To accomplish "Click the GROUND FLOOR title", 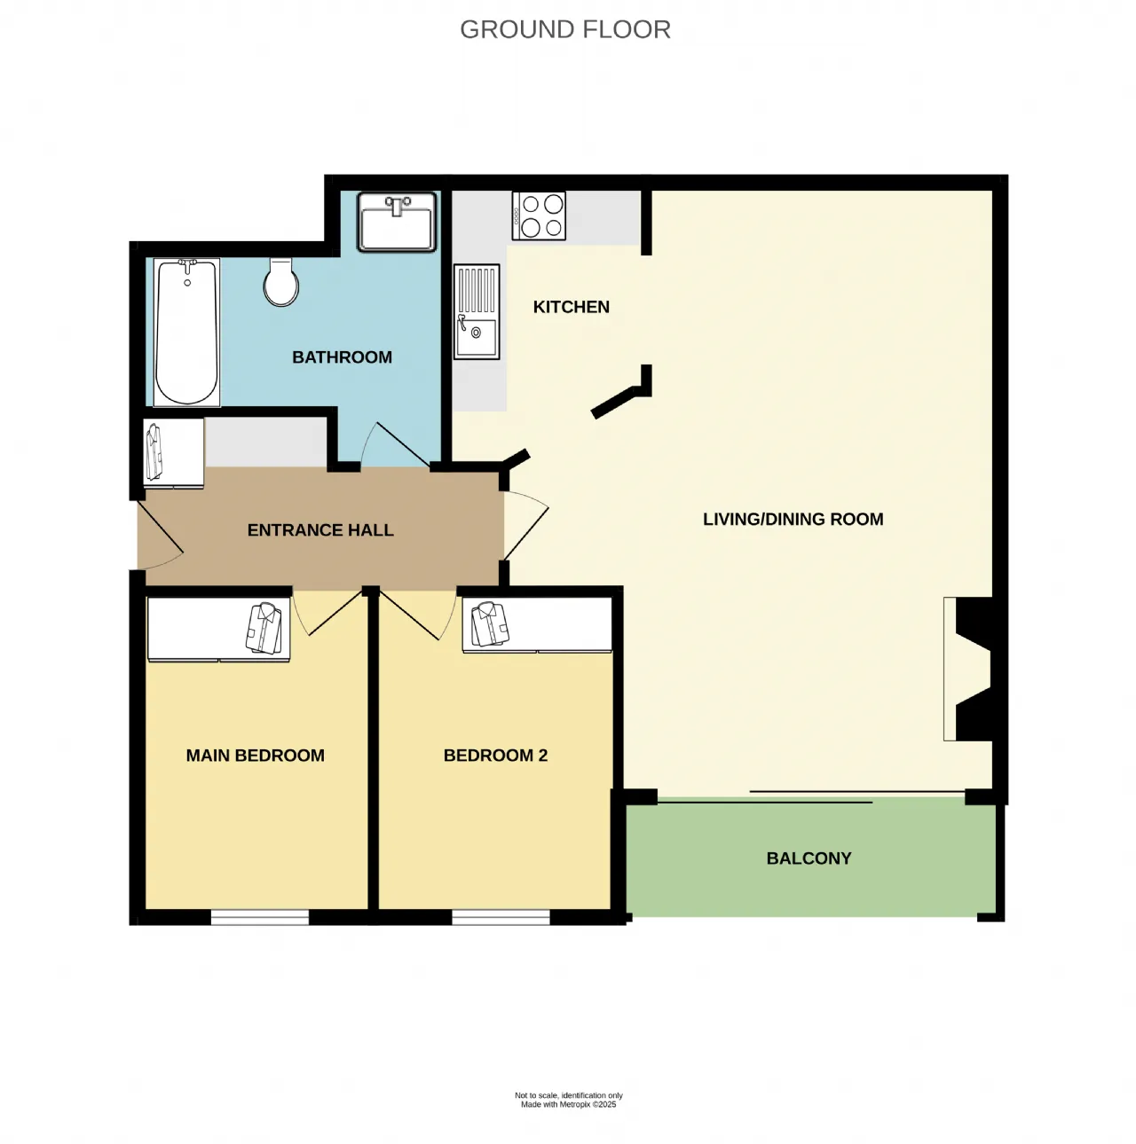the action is click(564, 29).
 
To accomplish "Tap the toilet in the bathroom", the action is click(281, 281).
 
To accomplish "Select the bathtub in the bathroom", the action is click(186, 333).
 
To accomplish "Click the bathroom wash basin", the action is click(397, 222).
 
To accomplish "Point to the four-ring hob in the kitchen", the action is click(539, 215).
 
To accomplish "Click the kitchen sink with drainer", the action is click(477, 311).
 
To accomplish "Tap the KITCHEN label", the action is click(571, 307).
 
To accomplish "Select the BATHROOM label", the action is click(343, 357).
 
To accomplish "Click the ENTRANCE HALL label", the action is click(320, 530).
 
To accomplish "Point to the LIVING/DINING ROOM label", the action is click(793, 519).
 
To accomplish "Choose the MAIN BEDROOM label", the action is click(256, 756).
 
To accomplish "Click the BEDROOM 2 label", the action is click(495, 756).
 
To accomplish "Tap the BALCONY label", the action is click(809, 858).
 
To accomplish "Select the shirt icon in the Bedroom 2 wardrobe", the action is click(490, 624).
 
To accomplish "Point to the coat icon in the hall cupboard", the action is click(154, 452).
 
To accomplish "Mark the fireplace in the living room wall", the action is click(967, 669).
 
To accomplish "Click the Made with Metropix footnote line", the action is click(568, 1105).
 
